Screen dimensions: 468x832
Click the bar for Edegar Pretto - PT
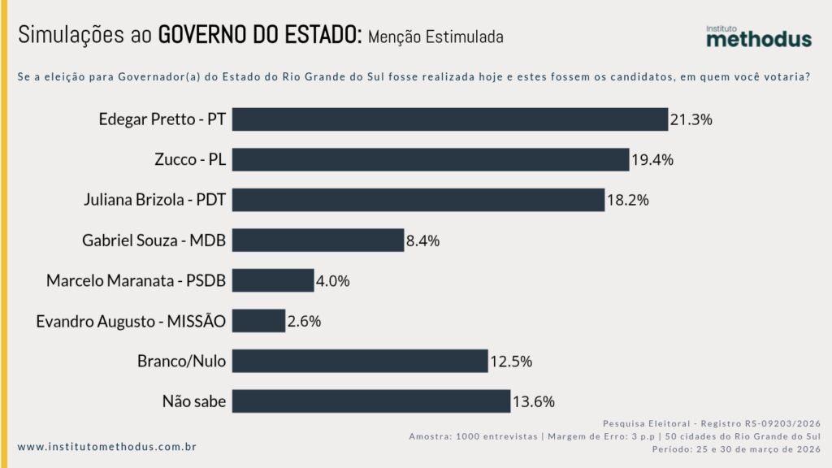(449, 119)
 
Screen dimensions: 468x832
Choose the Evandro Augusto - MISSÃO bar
(258, 320)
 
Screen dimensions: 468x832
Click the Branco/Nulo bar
(360, 361)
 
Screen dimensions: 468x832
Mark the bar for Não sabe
(370, 401)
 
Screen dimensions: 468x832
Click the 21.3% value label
(691, 119)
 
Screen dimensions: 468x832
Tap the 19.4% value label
(652, 160)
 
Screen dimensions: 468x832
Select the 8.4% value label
(422, 240)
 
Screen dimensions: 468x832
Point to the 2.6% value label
(304, 321)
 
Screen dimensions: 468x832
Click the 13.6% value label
(533, 401)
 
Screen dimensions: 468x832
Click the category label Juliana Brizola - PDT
(154, 200)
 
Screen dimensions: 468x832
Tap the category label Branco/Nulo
(183, 361)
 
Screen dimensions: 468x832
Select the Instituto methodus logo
(758, 37)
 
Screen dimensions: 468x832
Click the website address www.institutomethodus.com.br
(106, 447)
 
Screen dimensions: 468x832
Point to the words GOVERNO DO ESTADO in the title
(259, 35)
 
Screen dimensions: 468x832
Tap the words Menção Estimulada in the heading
(435, 37)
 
